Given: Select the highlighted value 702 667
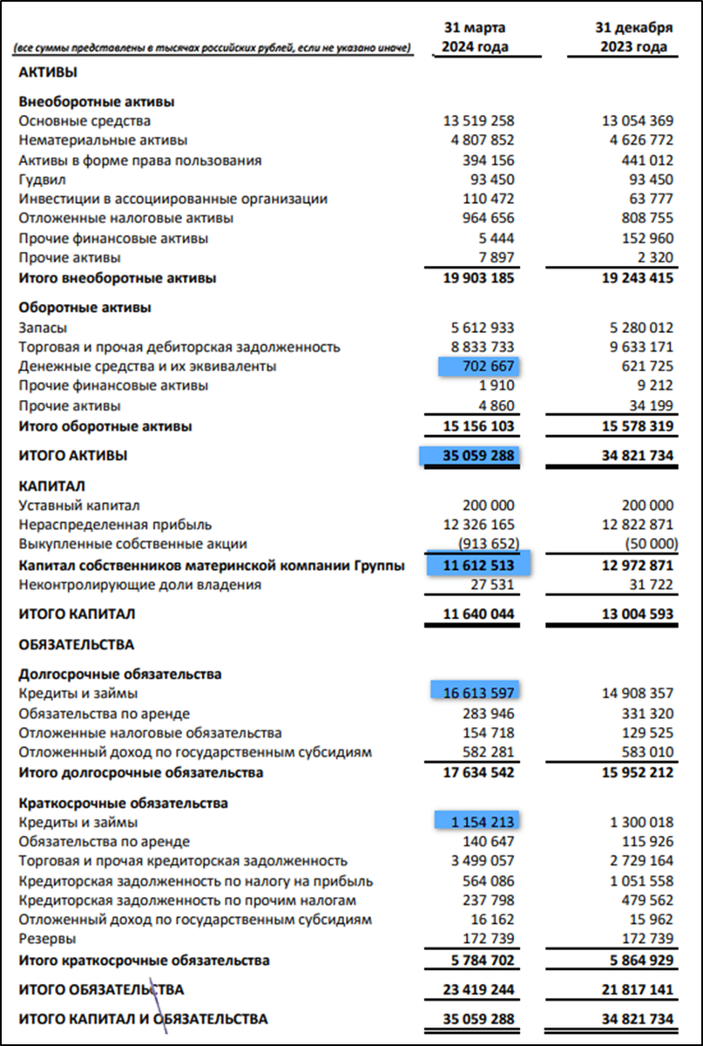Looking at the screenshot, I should [x=479, y=367].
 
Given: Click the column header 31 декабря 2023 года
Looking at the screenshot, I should [x=636, y=37].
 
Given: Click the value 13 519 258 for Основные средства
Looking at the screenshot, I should [x=478, y=121].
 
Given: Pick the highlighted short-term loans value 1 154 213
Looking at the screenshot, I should [x=478, y=822].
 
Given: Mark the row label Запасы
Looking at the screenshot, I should [x=43, y=328].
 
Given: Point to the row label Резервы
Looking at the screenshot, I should [x=46, y=939].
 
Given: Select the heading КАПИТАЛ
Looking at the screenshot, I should [x=51, y=486].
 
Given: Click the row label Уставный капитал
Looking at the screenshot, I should [x=79, y=506].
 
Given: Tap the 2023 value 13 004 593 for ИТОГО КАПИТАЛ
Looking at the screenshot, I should [x=637, y=615].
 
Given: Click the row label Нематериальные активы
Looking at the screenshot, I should [x=103, y=140].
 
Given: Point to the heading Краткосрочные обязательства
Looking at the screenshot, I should [x=112, y=803].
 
